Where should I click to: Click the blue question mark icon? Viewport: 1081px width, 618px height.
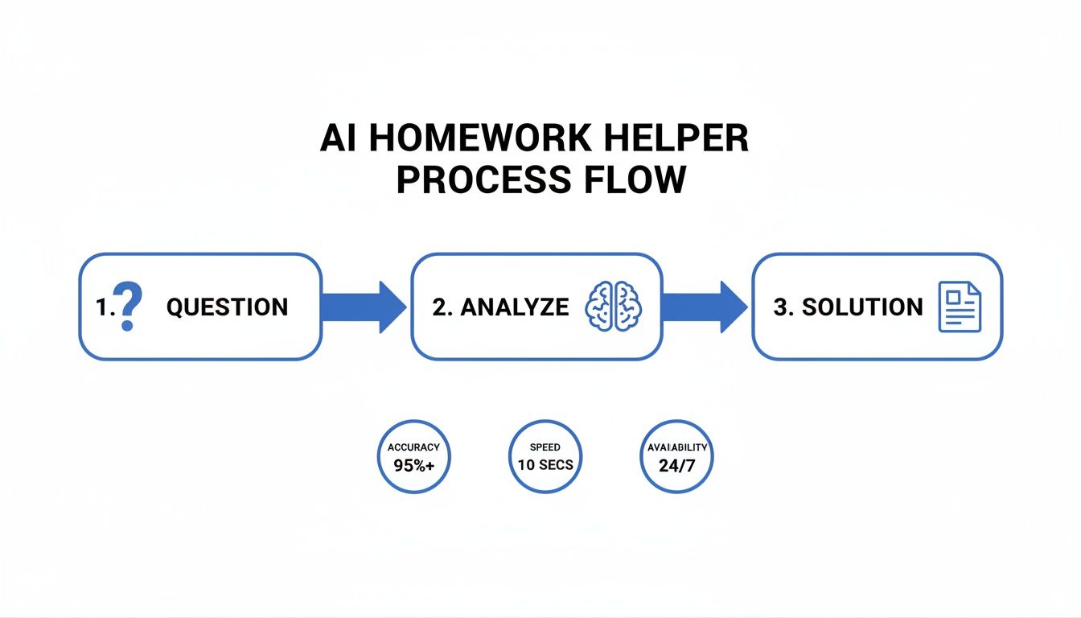point(127,307)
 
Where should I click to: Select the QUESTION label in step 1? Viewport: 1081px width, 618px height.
point(227,307)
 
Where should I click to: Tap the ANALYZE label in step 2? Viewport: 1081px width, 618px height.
point(500,307)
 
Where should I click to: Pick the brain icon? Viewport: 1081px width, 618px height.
point(614,307)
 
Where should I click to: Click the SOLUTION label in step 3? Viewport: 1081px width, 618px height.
point(862,307)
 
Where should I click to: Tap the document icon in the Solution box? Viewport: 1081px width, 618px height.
point(960,307)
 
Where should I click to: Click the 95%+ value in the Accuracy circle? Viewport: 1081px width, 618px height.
point(414,464)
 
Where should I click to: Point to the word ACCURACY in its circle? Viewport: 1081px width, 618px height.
point(414,447)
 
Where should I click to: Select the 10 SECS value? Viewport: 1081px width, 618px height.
point(546,464)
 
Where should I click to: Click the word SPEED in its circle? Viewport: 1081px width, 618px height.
point(546,447)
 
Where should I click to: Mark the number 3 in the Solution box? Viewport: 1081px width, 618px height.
point(779,307)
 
